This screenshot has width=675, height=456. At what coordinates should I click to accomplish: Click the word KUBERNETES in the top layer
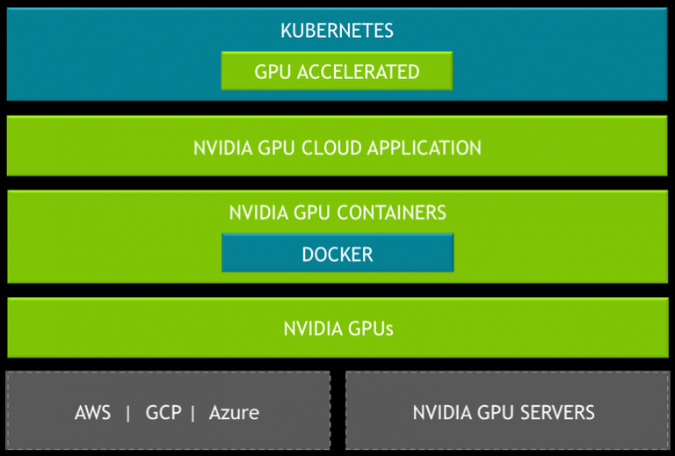click(x=337, y=31)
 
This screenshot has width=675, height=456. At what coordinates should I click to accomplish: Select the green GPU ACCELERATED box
click(x=337, y=71)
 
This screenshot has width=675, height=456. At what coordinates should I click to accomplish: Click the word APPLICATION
click(x=425, y=148)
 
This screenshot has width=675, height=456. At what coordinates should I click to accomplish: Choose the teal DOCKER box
click(x=337, y=254)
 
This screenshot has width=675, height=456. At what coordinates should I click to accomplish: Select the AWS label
click(x=93, y=412)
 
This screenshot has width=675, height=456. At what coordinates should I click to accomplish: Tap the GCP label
click(x=163, y=412)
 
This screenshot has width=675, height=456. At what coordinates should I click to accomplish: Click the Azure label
click(x=234, y=412)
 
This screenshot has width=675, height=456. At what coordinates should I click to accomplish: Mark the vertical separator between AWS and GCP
click(x=128, y=412)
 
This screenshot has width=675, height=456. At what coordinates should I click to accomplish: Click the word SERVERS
click(x=555, y=412)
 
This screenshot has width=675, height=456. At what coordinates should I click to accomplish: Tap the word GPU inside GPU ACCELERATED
click(x=272, y=72)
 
